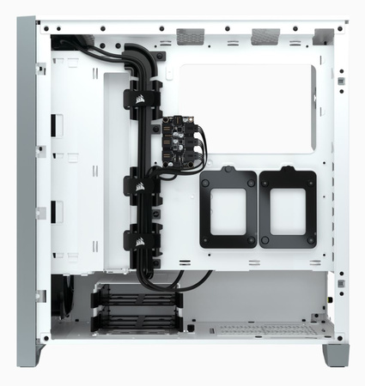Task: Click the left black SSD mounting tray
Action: point(228,208)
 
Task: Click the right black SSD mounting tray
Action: point(288,208)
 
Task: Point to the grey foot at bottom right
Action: point(336,353)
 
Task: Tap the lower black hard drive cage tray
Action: point(137,320)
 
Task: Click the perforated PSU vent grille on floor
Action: point(258,329)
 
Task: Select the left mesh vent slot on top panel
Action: point(192,36)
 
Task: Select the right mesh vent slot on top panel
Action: point(267,36)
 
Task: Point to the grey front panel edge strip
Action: point(26,189)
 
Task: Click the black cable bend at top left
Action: point(69,40)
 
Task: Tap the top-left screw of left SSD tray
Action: point(205,178)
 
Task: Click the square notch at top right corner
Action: point(324,36)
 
